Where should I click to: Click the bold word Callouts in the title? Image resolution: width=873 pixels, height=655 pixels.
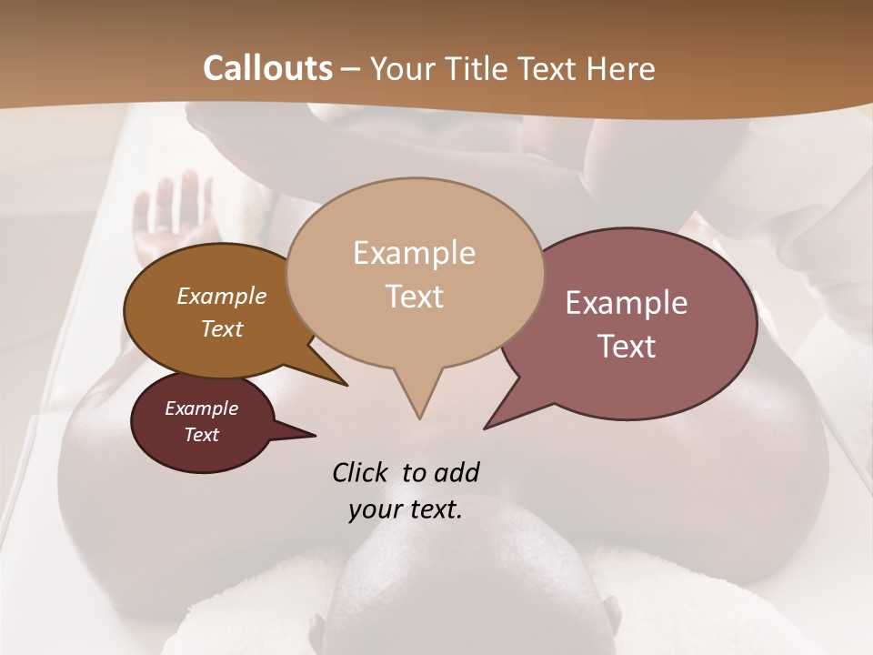click(267, 68)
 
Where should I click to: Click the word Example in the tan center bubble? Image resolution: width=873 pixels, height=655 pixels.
click(414, 253)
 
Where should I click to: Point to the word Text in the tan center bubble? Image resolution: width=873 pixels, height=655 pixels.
click(414, 297)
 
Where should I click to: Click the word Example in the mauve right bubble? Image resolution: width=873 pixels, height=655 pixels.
click(627, 303)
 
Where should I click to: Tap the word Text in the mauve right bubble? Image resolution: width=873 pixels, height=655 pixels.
click(627, 347)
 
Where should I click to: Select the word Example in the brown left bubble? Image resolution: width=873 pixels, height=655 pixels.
click(221, 297)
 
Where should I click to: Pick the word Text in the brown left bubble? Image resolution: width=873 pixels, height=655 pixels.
click(221, 328)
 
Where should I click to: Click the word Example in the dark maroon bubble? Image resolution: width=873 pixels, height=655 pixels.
click(201, 408)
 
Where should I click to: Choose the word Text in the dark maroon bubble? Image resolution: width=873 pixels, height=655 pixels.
click(201, 435)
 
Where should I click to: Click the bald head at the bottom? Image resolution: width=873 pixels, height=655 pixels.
click(473, 582)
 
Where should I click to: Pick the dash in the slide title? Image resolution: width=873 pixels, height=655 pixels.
click(352, 69)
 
